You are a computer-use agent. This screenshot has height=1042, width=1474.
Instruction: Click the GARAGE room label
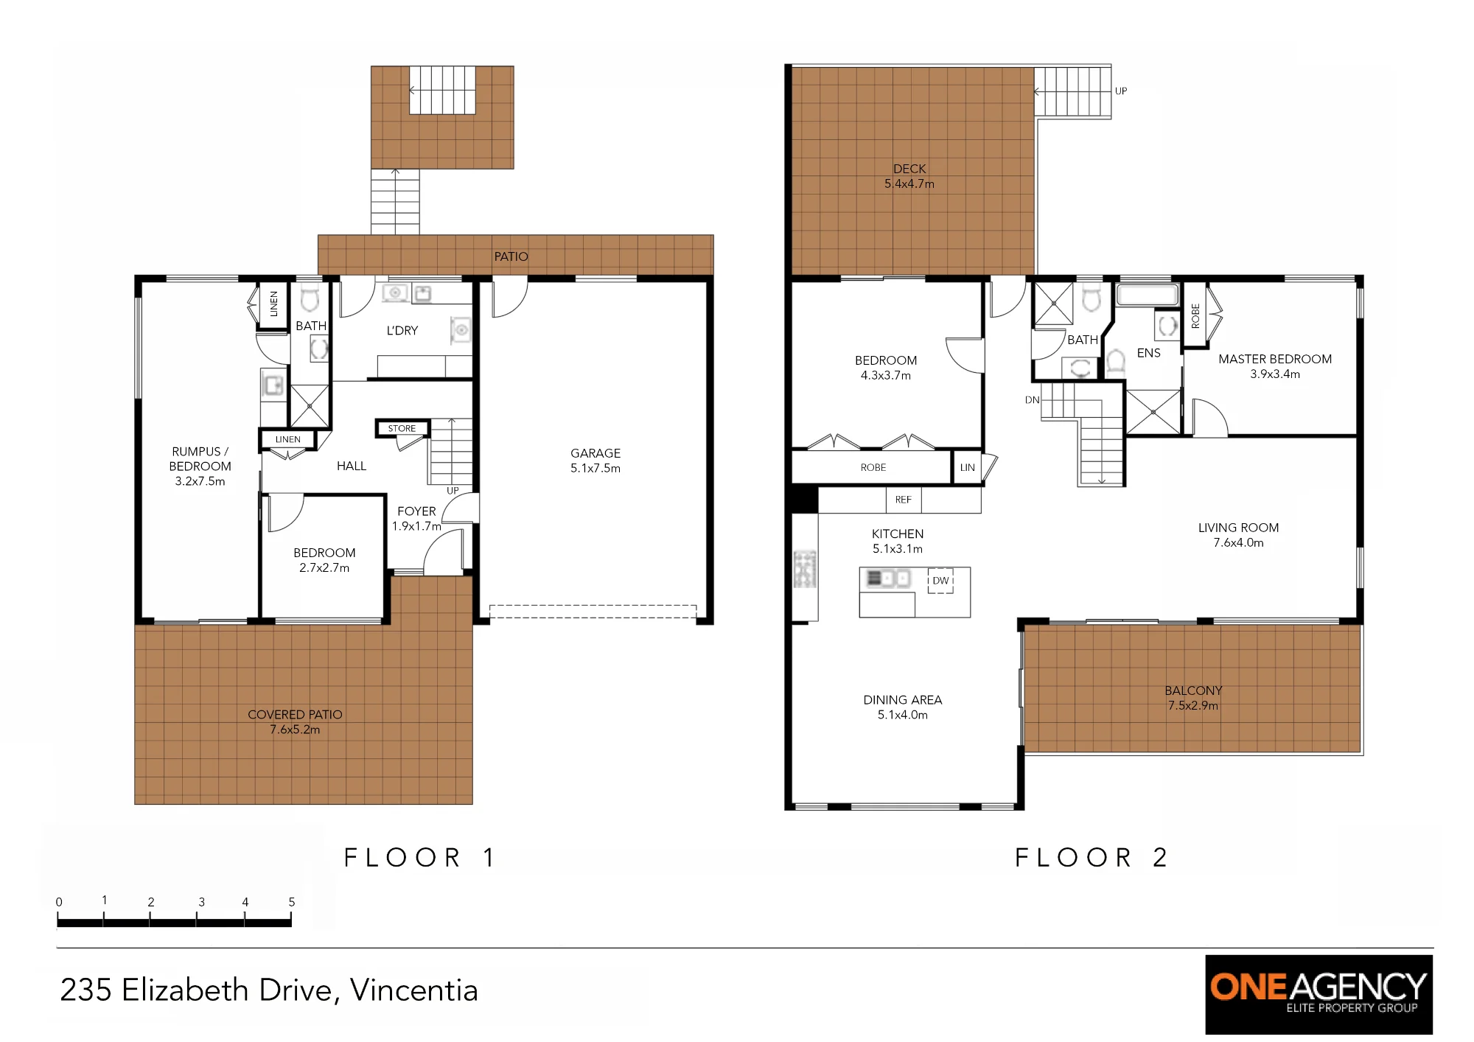(595, 453)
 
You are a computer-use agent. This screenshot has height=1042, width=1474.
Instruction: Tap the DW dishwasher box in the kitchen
(940, 581)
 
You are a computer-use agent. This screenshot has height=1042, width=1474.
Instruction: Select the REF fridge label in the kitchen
(904, 500)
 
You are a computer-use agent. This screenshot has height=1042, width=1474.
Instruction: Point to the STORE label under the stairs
(402, 428)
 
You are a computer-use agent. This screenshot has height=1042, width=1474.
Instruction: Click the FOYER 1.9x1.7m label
(416, 519)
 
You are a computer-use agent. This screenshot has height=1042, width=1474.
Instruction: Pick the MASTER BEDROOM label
(1275, 359)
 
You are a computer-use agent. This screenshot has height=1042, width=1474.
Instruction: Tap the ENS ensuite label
(1148, 353)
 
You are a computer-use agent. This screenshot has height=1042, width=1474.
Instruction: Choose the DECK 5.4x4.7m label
(909, 176)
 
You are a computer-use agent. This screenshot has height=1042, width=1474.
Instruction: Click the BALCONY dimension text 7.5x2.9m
(1192, 706)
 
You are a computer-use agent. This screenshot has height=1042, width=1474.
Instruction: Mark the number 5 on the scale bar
(292, 902)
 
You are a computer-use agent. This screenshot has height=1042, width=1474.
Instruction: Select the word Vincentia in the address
(414, 990)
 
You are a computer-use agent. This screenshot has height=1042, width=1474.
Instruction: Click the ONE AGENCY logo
(1318, 994)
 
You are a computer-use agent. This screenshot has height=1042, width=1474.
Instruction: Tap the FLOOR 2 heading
(1091, 857)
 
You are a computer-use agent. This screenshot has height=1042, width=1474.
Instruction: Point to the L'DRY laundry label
(402, 330)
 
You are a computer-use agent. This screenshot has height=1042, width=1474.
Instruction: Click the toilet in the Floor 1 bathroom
(310, 297)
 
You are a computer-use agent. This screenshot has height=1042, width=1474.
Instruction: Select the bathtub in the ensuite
(1147, 296)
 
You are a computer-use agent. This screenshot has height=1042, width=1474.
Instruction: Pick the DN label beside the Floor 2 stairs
(1032, 400)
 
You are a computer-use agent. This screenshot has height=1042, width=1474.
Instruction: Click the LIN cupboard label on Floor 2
(967, 467)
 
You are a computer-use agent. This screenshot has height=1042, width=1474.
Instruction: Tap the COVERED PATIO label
(295, 714)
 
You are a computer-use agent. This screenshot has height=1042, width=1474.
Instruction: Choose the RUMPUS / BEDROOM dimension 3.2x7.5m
(200, 481)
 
